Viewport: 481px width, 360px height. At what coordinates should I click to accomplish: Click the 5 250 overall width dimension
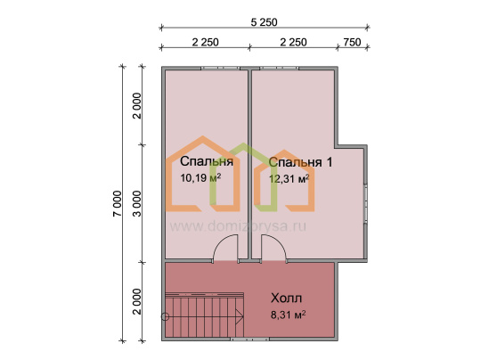tap(265, 22)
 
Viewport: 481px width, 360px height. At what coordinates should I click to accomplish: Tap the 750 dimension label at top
tap(352, 42)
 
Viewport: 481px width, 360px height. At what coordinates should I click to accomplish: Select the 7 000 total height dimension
tap(118, 203)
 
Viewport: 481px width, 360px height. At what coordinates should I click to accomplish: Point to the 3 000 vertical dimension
tap(137, 203)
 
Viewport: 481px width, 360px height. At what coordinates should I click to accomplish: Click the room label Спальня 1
tap(300, 162)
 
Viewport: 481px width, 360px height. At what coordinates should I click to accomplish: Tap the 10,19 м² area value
tap(200, 177)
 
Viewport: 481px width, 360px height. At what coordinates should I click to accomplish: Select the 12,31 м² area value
tap(289, 178)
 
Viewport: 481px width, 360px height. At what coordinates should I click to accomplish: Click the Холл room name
tap(286, 298)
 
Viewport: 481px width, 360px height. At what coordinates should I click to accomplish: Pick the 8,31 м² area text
tap(288, 315)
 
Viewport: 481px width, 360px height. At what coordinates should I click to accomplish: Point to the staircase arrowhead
tap(240, 316)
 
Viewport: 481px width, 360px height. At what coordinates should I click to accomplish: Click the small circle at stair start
tap(165, 316)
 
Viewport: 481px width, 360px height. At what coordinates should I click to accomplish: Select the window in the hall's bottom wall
tap(249, 340)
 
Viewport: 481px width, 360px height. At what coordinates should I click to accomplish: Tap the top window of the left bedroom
tap(220, 68)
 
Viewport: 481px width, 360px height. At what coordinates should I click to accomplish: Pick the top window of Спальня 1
tap(279, 68)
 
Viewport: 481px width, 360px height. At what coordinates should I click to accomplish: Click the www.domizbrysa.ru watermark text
tap(238, 226)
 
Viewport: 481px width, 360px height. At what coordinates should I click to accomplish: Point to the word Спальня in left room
tap(207, 161)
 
